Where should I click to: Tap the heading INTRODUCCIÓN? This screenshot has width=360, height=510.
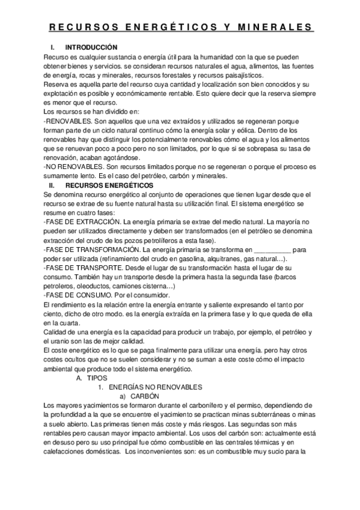[x=91, y=48]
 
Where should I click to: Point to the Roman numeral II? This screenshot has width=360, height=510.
[x=52, y=186]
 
